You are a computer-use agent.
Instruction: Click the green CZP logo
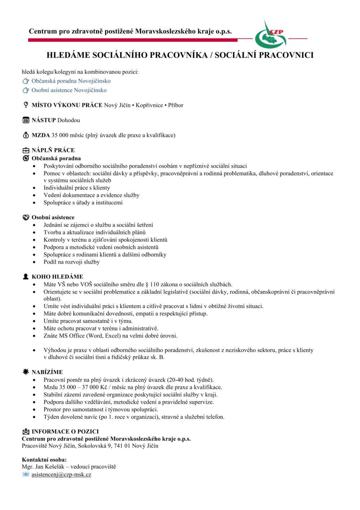(x=270, y=36)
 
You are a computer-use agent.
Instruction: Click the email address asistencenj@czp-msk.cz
(x=61, y=474)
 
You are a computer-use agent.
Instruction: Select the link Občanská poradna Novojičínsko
(x=71, y=81)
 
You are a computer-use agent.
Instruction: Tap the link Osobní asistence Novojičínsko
(x=69, y=90)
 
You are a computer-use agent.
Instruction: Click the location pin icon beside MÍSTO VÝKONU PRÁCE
(x=26, y=105)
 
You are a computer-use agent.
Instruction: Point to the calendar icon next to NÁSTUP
(x=26, y=120)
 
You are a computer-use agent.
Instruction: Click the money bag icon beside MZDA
(x=26, y=135)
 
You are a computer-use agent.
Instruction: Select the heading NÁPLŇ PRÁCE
(x=53, y=150)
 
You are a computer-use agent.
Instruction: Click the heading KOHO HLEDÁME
(x=57, y=277)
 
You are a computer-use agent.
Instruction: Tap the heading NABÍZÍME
(x=47, y=372)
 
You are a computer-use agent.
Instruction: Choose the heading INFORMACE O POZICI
(x=65, y=432)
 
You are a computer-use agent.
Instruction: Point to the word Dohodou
(x=68, y=120)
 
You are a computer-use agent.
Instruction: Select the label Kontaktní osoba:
(x=44, y=460)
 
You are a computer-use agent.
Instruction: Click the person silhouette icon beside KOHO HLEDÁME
(x=26, y=276)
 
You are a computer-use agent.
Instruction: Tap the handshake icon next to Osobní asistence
(x=26, y=217)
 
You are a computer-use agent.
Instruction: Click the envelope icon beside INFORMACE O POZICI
(x=26, y=432)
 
